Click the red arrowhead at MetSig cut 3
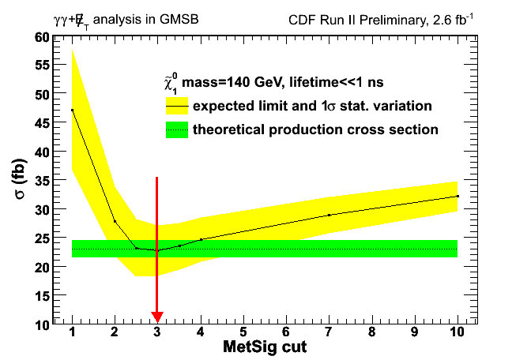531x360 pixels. (x=157, y=317)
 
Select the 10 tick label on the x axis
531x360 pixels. (x=457, y=334)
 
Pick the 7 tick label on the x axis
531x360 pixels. (x=329, y=334)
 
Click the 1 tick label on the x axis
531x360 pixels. (x=72, y=334)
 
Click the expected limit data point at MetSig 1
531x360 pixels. (x=72, y=110)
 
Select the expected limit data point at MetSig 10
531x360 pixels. (x=458, y=196)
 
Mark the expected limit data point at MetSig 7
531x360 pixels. (x=329, y=215)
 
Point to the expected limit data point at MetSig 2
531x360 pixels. (x=115, y=221)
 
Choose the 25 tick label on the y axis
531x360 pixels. (x=40, y=238)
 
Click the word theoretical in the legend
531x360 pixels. (x=229, y=129)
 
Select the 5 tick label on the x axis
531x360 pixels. (x=243, y=334)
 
